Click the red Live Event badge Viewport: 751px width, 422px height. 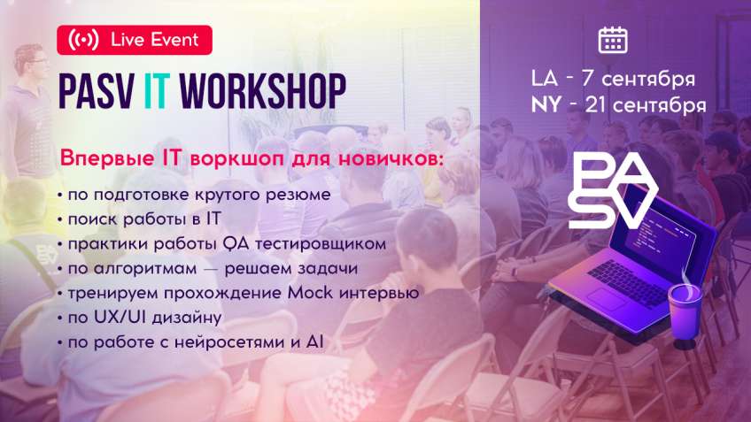click(134, 40)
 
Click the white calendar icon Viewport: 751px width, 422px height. click(612, 40)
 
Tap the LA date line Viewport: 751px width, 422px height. click(612, 78)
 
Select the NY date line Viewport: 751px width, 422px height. click(618, 104)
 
